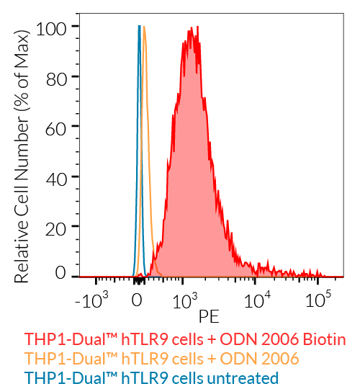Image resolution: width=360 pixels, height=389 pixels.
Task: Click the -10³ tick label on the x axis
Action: pyautogui.click(x=91, y=299)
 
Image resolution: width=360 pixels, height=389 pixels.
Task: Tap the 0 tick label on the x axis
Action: pyautogui.click(x=135, y=300)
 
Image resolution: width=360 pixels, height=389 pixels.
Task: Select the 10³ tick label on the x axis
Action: pyautogui.click(x=186, y=299)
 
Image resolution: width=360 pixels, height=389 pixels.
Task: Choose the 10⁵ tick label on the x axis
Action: pyautogui.click(x=318, y=299)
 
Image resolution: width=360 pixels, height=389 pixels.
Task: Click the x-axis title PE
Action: pyautogui.click(x=209, y=316)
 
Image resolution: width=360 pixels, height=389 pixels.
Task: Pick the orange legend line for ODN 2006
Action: pyautogui.click(x=161, y=359)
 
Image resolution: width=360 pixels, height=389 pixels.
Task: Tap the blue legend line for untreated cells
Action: pyautogui.click(x=151, y=377)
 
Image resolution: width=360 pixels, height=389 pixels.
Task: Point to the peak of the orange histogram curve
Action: pyautogui.click(x=145, y=27)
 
